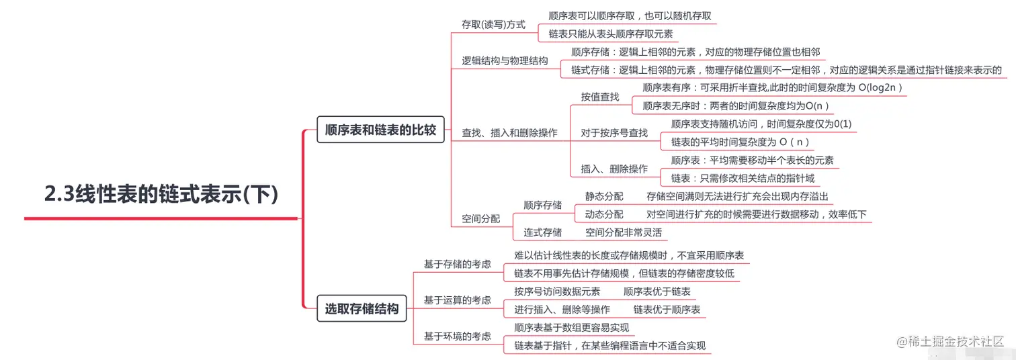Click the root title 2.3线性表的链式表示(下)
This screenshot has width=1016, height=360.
click(x=161, y=194)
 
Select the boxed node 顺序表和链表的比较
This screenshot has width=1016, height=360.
click(x=380, y=130)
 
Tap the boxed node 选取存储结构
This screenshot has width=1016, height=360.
click(x=362, y=309)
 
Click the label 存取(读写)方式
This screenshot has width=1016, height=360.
click(x=493, y=24)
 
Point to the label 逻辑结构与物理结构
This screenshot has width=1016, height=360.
click(x=505, y=60)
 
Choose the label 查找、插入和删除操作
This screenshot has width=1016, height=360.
click(x=509, y=132)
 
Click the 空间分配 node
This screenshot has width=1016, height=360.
click(x=480, y=218)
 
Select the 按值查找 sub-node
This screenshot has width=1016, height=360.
click(x=600, y=97)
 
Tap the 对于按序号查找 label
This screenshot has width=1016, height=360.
click(x=614, y=133)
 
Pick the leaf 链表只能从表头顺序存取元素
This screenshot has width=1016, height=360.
click(x=611, y=34)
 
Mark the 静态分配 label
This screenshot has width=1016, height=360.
click(x=604, y=196)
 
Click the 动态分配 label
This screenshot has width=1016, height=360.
click(x=604, y=214)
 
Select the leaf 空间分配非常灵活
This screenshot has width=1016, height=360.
click(x=624, y=232)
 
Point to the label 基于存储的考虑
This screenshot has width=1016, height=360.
click(x=457, y=264)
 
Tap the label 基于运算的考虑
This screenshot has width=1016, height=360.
click(x=457, y=300)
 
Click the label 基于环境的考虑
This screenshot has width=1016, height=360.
click(x=457, y=336)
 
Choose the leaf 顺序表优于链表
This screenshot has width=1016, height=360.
click(x=657, y=291)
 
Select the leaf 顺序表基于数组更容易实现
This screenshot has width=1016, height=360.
click(x=571, y=327)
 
